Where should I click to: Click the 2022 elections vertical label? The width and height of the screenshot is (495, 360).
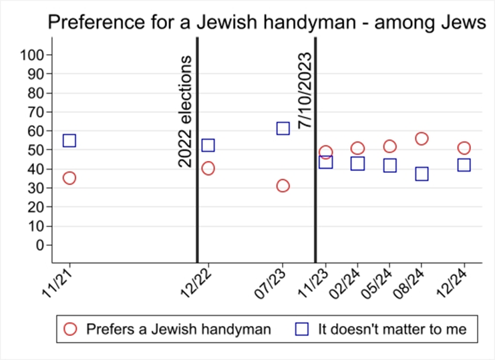click(x=184, y=112)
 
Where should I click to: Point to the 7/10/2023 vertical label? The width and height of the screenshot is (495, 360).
click(x=305, y=90)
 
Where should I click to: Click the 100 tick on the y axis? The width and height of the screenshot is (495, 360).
click(x=31, y=55)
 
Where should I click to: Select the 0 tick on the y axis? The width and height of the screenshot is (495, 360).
click(x=40, y=245)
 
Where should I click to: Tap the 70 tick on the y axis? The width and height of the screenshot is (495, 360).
click(x=35, y=112)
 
